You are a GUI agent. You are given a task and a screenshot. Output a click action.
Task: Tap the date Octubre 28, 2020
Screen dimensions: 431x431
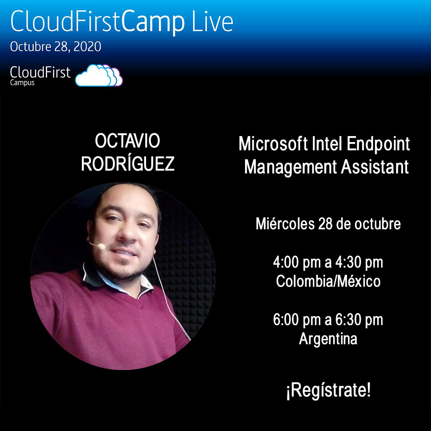click(55, 47)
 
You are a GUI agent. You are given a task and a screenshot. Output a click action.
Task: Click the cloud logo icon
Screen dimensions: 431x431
click(99, 75)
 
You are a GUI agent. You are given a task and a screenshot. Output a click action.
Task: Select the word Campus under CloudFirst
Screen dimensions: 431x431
click(22, 83)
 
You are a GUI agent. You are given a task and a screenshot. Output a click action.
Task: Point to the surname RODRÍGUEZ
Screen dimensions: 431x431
click(128, 164)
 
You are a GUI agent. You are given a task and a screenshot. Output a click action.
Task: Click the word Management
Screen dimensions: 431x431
click(291, 167)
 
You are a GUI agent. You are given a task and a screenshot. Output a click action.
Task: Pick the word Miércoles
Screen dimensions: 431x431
click(285, 224)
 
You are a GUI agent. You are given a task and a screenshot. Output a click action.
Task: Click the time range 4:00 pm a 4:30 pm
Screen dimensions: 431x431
click(328, 263)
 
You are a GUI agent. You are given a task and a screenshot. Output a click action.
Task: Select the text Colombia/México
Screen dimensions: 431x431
click(328, 282)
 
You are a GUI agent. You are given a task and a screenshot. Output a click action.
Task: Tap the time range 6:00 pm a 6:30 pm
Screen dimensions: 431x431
click(328, 320)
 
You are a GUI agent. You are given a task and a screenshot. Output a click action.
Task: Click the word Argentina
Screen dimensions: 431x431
click(328, 339)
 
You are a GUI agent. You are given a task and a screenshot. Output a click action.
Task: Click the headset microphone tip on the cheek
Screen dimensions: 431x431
click(101, 247)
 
